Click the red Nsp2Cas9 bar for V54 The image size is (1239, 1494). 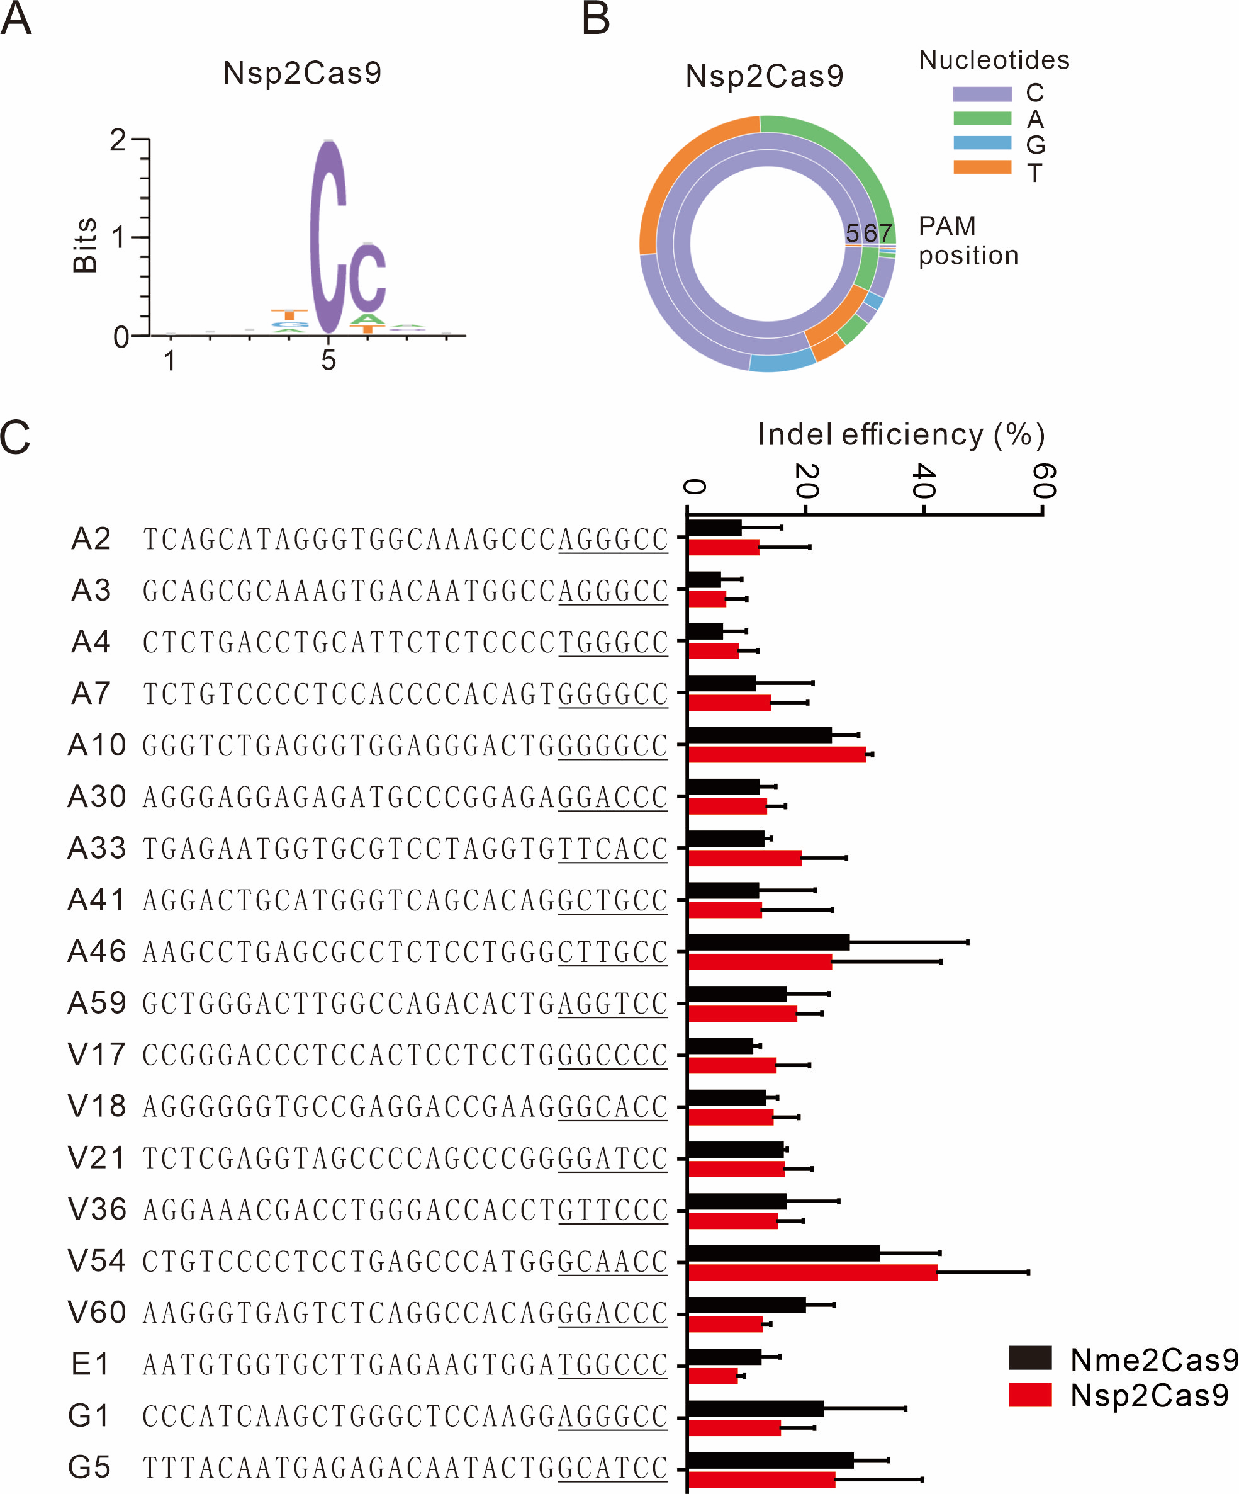click(812, 1273)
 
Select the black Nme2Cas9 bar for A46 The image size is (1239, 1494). click(768, 942)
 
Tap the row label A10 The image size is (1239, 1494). click(97, 745)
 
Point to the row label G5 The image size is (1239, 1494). click(89, 1467)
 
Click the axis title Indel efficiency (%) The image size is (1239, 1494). click(901, 434)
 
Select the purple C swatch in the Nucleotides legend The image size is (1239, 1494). click(982, 94)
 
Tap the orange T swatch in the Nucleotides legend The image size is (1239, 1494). click(982, 167)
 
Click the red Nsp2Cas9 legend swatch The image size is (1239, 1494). click(1029, 1395)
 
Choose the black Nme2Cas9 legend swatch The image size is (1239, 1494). click(1029, 1358)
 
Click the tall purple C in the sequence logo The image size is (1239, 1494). click(328, 235)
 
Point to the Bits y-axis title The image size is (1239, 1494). click(85, 246)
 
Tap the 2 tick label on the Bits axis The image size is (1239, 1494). click(118, 140)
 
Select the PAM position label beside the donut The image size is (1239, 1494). click(967, 241)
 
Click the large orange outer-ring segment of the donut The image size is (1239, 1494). click(683, 171)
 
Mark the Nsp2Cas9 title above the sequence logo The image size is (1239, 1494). click(302, 73)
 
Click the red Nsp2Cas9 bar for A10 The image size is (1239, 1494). click(776, 755)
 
